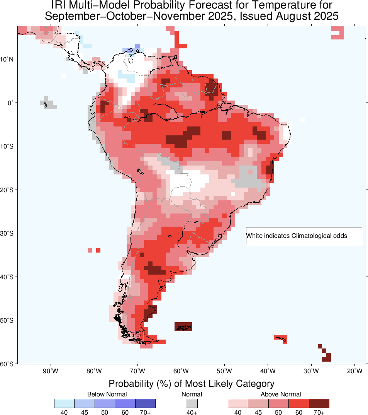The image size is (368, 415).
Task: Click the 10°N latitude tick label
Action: coord(7,59)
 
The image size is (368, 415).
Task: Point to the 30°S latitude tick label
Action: coord(7,233)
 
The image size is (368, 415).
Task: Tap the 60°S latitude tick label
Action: coord(7,364)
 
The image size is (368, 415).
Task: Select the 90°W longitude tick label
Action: coord(51,372)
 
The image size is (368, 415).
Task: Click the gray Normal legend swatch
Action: coord(192,403)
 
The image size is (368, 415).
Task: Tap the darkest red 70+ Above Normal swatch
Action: coord(319,403)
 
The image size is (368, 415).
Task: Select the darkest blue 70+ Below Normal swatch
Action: coord(145,403)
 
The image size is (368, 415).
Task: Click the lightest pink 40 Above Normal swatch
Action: coord(238,403)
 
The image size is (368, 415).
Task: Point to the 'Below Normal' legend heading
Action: coord(107,394)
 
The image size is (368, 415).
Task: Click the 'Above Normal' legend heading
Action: coord(281,394)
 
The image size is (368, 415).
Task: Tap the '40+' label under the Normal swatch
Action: coord(192,412)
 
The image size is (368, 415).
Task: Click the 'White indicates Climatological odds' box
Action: coord(304,236)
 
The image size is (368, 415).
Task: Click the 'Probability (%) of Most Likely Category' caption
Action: coord(191,384)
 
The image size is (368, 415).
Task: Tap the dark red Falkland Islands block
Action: coord(183,326)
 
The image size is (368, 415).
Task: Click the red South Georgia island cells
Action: coord(282,338)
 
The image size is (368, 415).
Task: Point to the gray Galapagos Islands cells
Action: coord(48,103)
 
